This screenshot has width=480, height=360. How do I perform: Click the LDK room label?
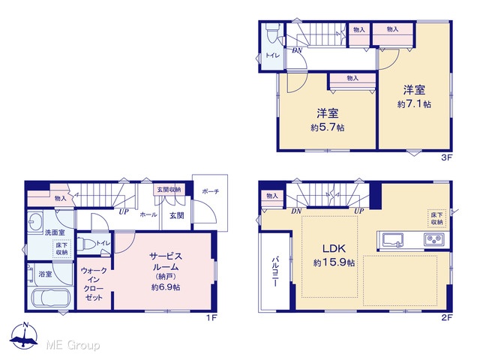[x=334, y=248]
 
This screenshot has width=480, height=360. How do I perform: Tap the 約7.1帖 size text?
[x=414, y=104]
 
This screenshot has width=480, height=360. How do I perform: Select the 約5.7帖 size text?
[x=328, y=127]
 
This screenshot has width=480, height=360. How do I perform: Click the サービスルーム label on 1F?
[x=166, y=261]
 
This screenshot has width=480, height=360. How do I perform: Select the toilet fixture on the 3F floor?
[x=271, y=33]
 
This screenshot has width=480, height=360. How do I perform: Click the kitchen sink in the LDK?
[x=391, y=240]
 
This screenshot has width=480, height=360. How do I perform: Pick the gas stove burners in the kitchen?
[x=434, y=239]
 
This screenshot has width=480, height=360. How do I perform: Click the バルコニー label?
[x=275, y=271]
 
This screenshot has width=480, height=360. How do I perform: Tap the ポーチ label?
[x=211, y=192]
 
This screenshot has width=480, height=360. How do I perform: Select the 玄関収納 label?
[x=169, y=190]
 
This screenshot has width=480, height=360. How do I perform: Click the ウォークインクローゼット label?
[x=94, y=284]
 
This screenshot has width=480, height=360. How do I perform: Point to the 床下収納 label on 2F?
[x=436, y=218]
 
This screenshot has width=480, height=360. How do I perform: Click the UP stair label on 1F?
[x=124, y=211]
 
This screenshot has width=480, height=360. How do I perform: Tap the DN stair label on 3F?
[x=297, y=50]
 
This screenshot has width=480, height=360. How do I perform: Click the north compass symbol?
[x=24, y=336]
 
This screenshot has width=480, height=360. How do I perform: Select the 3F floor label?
[x=447, y=157]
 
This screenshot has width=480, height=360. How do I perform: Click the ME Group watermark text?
[x=73, y=345]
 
